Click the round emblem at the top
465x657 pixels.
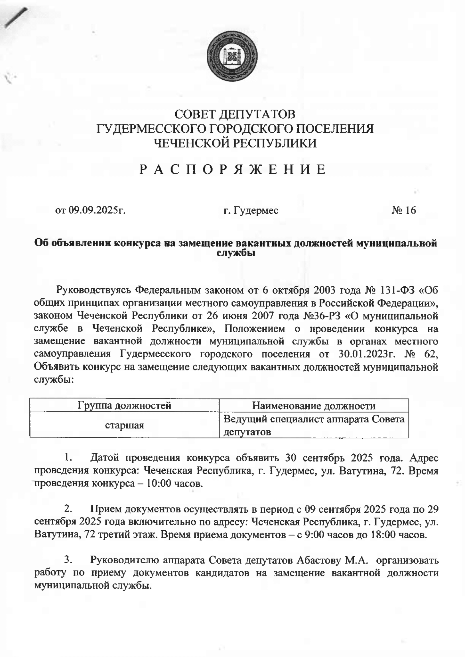coord(232,56)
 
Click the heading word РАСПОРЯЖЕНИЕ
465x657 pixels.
coord(232,169)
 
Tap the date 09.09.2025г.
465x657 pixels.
coord(97,211)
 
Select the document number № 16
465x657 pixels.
coord(404,211)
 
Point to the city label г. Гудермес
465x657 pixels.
coord(251,211)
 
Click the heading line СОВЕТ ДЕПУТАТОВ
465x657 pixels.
coord(235,114)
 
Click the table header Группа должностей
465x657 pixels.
coord(124,405)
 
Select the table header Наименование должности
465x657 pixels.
coord(314,406)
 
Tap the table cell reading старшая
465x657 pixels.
coord(124,426)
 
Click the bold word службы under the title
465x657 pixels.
coord(235,253)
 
